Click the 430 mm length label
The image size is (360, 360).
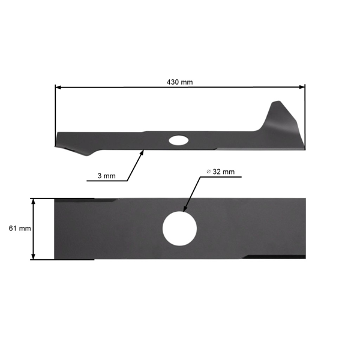pyautogui.click(x=180, y=82)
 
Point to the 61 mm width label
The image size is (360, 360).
pyautogui.click(x=20, y=228)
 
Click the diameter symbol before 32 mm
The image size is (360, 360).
pyautogui.click(x=208, y=172)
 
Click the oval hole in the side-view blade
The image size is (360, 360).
pyautogui.click(x=178, y=140)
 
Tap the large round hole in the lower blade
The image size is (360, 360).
pyautogui.click(x=180, y=229)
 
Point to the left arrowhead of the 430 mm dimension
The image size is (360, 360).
pyautogui.click(x=58, y=88)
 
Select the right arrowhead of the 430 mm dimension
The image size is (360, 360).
pyautogui.click(x=302, y=88)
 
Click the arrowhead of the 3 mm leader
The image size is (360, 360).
pyautogui.click(x=143, y=152)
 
